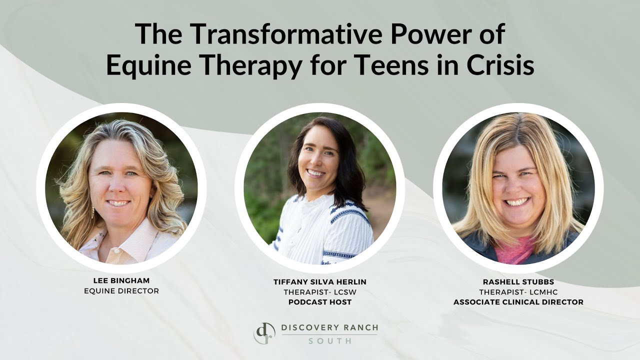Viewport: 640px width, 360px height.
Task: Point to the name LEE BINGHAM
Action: tap(121, 281)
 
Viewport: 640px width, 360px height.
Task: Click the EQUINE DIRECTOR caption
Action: tap(121, 290)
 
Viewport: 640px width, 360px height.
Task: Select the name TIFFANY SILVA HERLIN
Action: tap(320, 282)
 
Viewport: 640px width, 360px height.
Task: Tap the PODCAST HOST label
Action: tap(320, 302)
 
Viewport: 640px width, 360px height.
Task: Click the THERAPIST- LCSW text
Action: tap(320, 292)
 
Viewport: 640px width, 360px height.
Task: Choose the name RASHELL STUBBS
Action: tap(518, 282)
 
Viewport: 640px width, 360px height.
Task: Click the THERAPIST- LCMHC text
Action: tap(518, 292)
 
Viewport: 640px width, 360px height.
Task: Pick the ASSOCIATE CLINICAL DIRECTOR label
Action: tap(518, 302)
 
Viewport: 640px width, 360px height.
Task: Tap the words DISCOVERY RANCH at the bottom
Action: tap(329, 328)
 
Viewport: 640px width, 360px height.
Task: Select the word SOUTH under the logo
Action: tap(329, 340)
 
